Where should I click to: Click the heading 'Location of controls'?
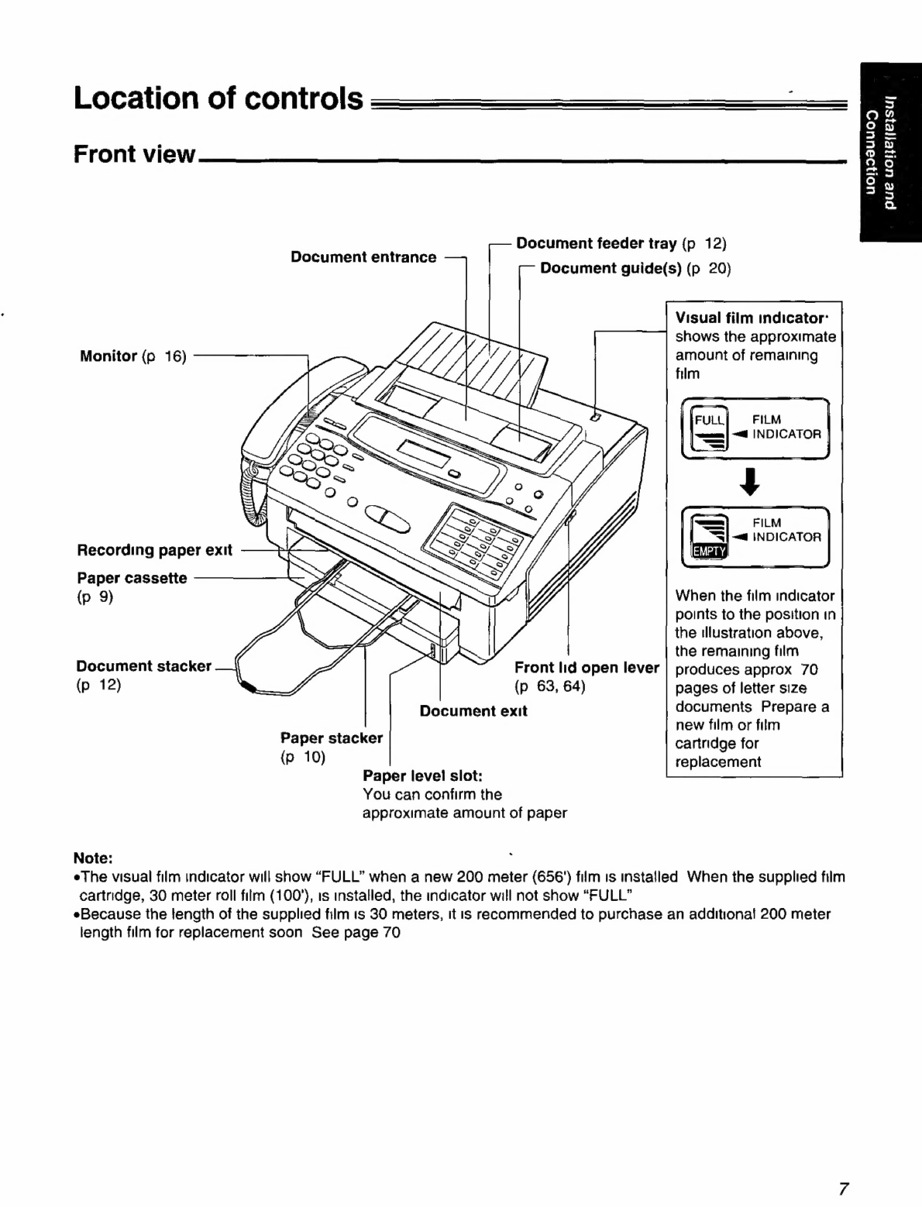[x=218, y=99]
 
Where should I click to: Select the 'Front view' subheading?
[x=135, y=154]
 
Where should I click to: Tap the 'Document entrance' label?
[x=363, y=257]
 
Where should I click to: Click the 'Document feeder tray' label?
[x=596, y=243]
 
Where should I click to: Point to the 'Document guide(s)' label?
[x=611, y=268]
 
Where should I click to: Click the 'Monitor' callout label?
[x=108, y=356]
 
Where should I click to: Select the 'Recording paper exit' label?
[x=154, y=551]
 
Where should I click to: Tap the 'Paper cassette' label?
[x=132, y=578]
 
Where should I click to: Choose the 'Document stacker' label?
[x=143, y=666]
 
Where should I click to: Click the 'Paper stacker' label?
[x=331, y=738]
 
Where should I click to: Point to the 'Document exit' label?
[x=473, y=711]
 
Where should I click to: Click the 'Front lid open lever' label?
[x=587, y=668]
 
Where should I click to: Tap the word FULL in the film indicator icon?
[x=708, y=421]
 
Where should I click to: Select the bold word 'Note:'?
[x=93, y=858]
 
